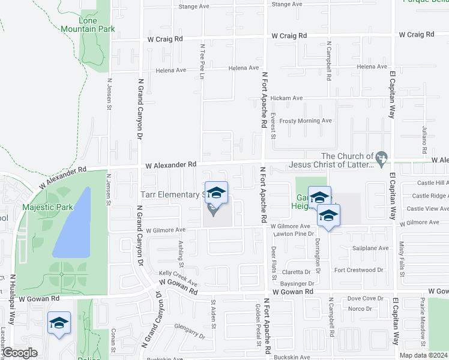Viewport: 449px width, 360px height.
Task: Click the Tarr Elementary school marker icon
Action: [x=216, y=193]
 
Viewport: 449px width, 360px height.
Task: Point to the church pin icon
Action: [x=381, y=158]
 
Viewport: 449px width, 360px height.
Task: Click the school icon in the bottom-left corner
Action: [x=59, y=323]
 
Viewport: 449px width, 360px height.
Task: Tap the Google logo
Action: [x=20, y=353]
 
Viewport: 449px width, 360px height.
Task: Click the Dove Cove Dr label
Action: [x=365, y=298]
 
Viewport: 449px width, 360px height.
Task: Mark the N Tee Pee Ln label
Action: [x=203, y=60]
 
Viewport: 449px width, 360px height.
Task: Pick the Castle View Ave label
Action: [x=427, y=209]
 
